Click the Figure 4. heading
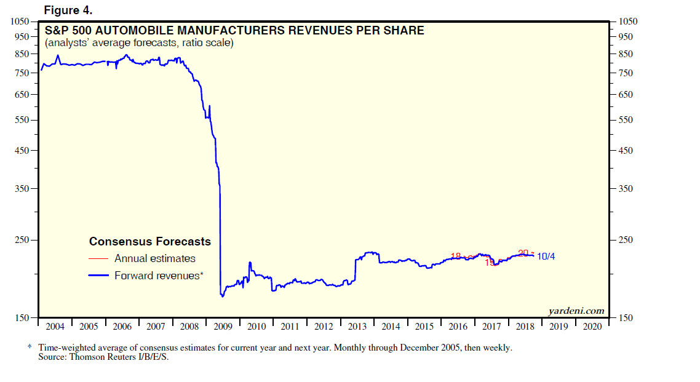[x=68, y=10]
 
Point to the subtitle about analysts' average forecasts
[x=139, y=43]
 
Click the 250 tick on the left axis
[x=22, y=240]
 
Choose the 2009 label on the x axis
[x=223, y=327]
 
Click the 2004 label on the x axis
[x=55, y=327]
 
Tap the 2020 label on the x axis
[x=592, y=327]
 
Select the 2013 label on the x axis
[x=357, y=327]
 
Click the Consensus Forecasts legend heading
[x=150, y=242]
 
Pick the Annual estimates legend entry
[x=154, y=259]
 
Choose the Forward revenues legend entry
[x=158, y=276]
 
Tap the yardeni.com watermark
[x=576, y=311]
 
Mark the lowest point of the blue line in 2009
[x=222, y=296]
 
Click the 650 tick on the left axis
[x=22, y=95]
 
